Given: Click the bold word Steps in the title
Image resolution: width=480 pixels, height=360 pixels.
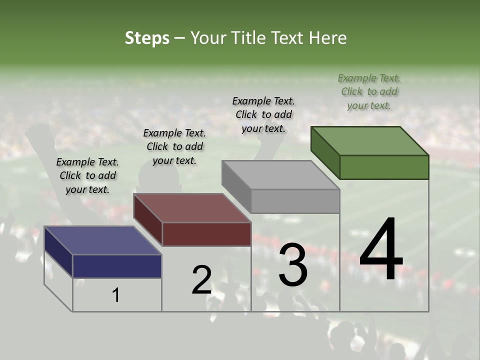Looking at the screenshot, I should tap(147, 38).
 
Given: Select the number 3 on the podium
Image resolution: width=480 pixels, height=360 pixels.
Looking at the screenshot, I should tap(293, 265).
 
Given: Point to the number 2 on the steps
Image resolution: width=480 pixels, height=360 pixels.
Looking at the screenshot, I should tap(201, 280).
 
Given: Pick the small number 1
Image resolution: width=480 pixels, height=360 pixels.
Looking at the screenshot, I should tap(116, 295).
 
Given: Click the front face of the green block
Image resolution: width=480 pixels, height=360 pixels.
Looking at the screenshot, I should tap(384, 167).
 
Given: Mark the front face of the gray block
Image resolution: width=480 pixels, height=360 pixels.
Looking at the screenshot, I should tap(295, 201).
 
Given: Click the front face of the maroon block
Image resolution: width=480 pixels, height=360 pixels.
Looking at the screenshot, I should tap(206, 234).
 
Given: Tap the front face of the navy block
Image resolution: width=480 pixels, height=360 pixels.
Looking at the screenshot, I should tap(117, 266).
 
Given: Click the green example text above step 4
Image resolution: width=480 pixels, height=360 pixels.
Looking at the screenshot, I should tap(369, 91).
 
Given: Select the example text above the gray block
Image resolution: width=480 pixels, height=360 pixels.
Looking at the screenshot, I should tap(263, 114).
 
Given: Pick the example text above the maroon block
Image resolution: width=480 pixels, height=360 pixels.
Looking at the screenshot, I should tap(174, 146).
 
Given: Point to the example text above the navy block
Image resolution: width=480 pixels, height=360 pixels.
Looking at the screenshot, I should tap(87, 175).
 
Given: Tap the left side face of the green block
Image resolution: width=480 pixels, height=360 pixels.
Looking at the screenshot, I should tap(325, 152).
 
